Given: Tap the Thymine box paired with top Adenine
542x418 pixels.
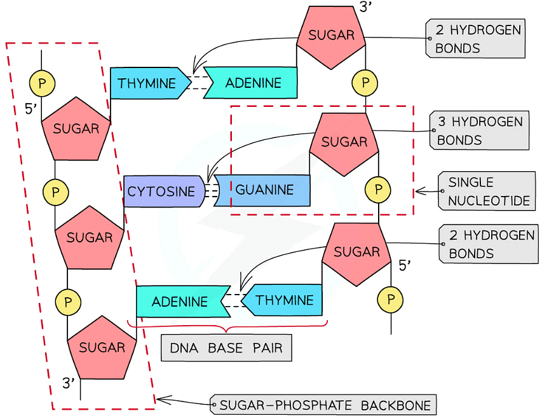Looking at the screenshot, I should tap(147, 83).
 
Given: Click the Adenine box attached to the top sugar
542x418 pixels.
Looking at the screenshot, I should tap(253, 83).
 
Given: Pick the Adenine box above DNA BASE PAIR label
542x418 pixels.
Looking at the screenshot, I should tap(180, 302).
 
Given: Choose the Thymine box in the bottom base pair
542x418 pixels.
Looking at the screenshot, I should tap(284, 300).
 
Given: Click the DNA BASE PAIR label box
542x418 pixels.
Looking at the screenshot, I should tap(226, 348).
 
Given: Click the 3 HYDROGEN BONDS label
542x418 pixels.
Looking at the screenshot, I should tap(479, 131).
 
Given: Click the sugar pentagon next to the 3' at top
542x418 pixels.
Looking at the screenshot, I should tap(331, 36).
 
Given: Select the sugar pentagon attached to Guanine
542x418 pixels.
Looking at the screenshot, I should tap(344, 143).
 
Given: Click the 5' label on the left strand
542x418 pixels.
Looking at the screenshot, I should tap(31, 109).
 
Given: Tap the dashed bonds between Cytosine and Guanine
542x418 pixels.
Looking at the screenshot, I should tap(210, 190).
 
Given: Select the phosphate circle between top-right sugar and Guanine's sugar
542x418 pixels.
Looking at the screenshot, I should tap(365, 82).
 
